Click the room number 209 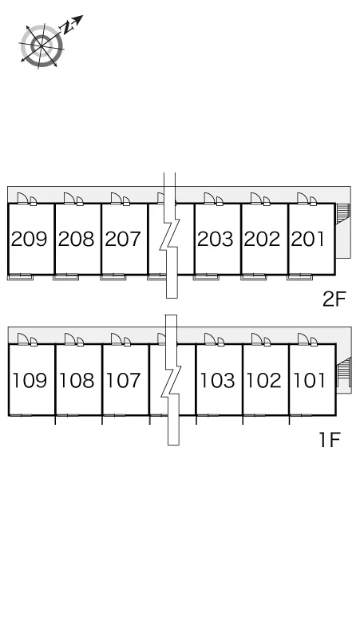tap(30, 239)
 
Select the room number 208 tap(77, 239)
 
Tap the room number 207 tap(123, 239)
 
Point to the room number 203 tap(216, 239)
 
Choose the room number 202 tap(263, 239)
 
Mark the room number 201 tap(308, 239)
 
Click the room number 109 tap(30, 380)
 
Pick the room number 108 tap(77, 380)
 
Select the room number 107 tap(124, 380)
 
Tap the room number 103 tap(218, 380)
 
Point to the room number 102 tap(264, 380)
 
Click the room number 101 tap(310, 380)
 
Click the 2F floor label tap(334, 299)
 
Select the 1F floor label tap(330, 440)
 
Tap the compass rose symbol tap(42, 46)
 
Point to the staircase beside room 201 tap(343, 213)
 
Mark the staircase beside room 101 tap(344, 372)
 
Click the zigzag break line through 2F tap(170, 236)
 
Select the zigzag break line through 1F tap(172, 380)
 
